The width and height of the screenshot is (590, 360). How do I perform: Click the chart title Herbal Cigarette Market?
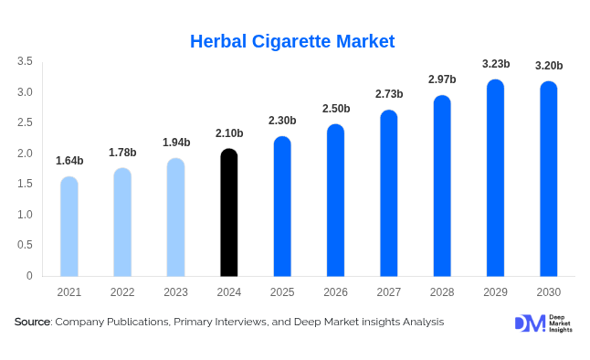click(292, 41)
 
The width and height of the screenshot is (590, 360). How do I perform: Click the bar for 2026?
click(335, 201)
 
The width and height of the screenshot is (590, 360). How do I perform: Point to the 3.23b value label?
click(495, 64)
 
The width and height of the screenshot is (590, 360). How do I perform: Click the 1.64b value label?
click(69, 161)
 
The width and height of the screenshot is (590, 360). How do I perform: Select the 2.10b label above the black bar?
click(229, 133)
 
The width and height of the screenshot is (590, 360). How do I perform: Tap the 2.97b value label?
click(442, 79)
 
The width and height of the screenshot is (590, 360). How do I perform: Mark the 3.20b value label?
click(548, 66)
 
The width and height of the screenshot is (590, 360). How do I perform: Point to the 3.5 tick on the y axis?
click(25, 61)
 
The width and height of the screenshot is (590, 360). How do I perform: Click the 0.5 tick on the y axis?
click(25, 245)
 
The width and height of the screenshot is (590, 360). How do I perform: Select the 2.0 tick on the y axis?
click(25, 154)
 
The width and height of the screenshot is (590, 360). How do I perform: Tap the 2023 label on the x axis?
click(175, 292)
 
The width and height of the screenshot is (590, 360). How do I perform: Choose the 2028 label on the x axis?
click(442, 292)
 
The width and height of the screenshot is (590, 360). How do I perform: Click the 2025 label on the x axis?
click(282, 292)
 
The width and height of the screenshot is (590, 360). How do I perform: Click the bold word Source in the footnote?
click(32, 322)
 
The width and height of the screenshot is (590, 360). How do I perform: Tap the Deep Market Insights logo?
click(543, 323)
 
